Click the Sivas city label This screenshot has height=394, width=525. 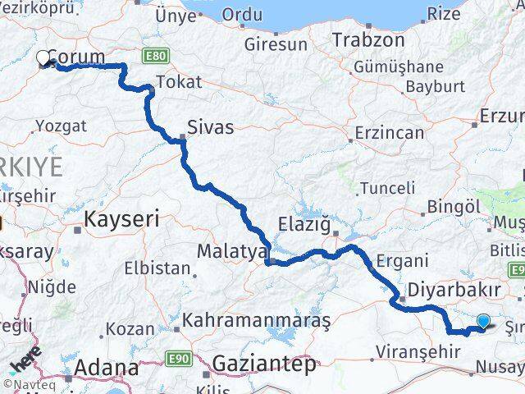click(x=210, y=127)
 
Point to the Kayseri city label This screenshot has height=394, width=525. click(x=122, y=219)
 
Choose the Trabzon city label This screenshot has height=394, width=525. click(x=369, y=39)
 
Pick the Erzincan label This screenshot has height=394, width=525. click(x=390, y=132)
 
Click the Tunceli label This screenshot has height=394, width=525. click(x=387, y=188)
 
